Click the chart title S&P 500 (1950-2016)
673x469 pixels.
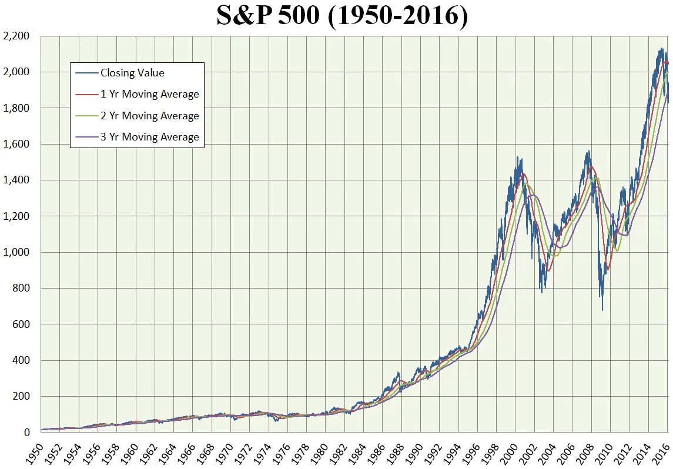click(x=342, y=16)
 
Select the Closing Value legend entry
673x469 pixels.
click(x=132, y=73)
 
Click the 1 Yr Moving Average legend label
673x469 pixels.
click(x=149, y=94)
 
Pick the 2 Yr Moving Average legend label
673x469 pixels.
click(x=149, y=116)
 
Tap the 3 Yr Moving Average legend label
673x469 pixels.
click(x=149, y=137)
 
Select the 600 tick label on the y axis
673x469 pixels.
click(x=21, y=324)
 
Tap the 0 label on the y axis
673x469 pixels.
click(x=26, y=433)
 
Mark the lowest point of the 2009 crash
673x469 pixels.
click(x=602, y=310)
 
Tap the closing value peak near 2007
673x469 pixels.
click(x=588, y=152)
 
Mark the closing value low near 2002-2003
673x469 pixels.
click(x=542, y=292)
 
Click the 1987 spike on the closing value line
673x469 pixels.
click(x=399, y=372)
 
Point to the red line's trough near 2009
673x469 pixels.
click(x=608, y=270)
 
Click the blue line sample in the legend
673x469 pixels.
click(x=86, y=73)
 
